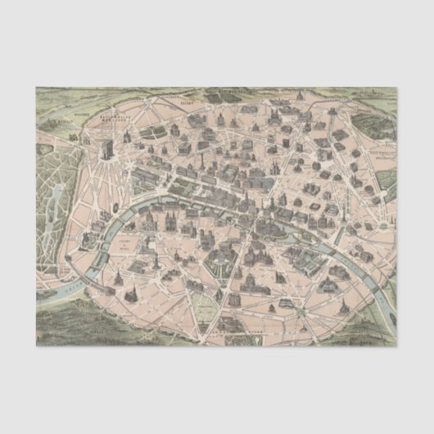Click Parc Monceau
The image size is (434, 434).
coord(152,132)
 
